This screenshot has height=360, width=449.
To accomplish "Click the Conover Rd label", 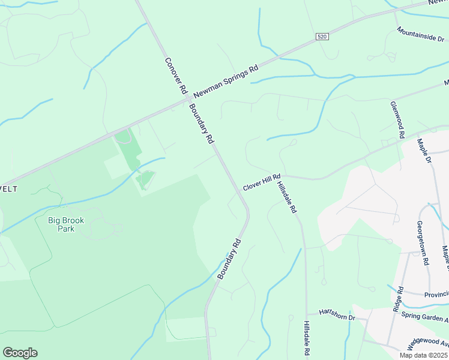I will point(175,76).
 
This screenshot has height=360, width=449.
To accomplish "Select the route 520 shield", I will point(323,37).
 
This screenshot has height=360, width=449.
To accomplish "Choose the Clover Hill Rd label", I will point(262,182).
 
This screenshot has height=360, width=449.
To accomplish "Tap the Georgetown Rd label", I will point(423,243).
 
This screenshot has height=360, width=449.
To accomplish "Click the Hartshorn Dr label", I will point(337,313).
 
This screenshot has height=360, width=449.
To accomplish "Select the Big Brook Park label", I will point(66,224).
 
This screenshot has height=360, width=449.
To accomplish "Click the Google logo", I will point(20,353).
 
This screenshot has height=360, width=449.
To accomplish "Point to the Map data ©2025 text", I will point(423,355).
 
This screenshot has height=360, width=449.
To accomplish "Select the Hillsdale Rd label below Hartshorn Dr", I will point(307,340).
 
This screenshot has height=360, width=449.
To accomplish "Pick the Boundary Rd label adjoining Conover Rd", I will point(201,124).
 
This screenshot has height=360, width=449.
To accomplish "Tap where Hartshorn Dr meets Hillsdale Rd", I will point(307,313).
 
